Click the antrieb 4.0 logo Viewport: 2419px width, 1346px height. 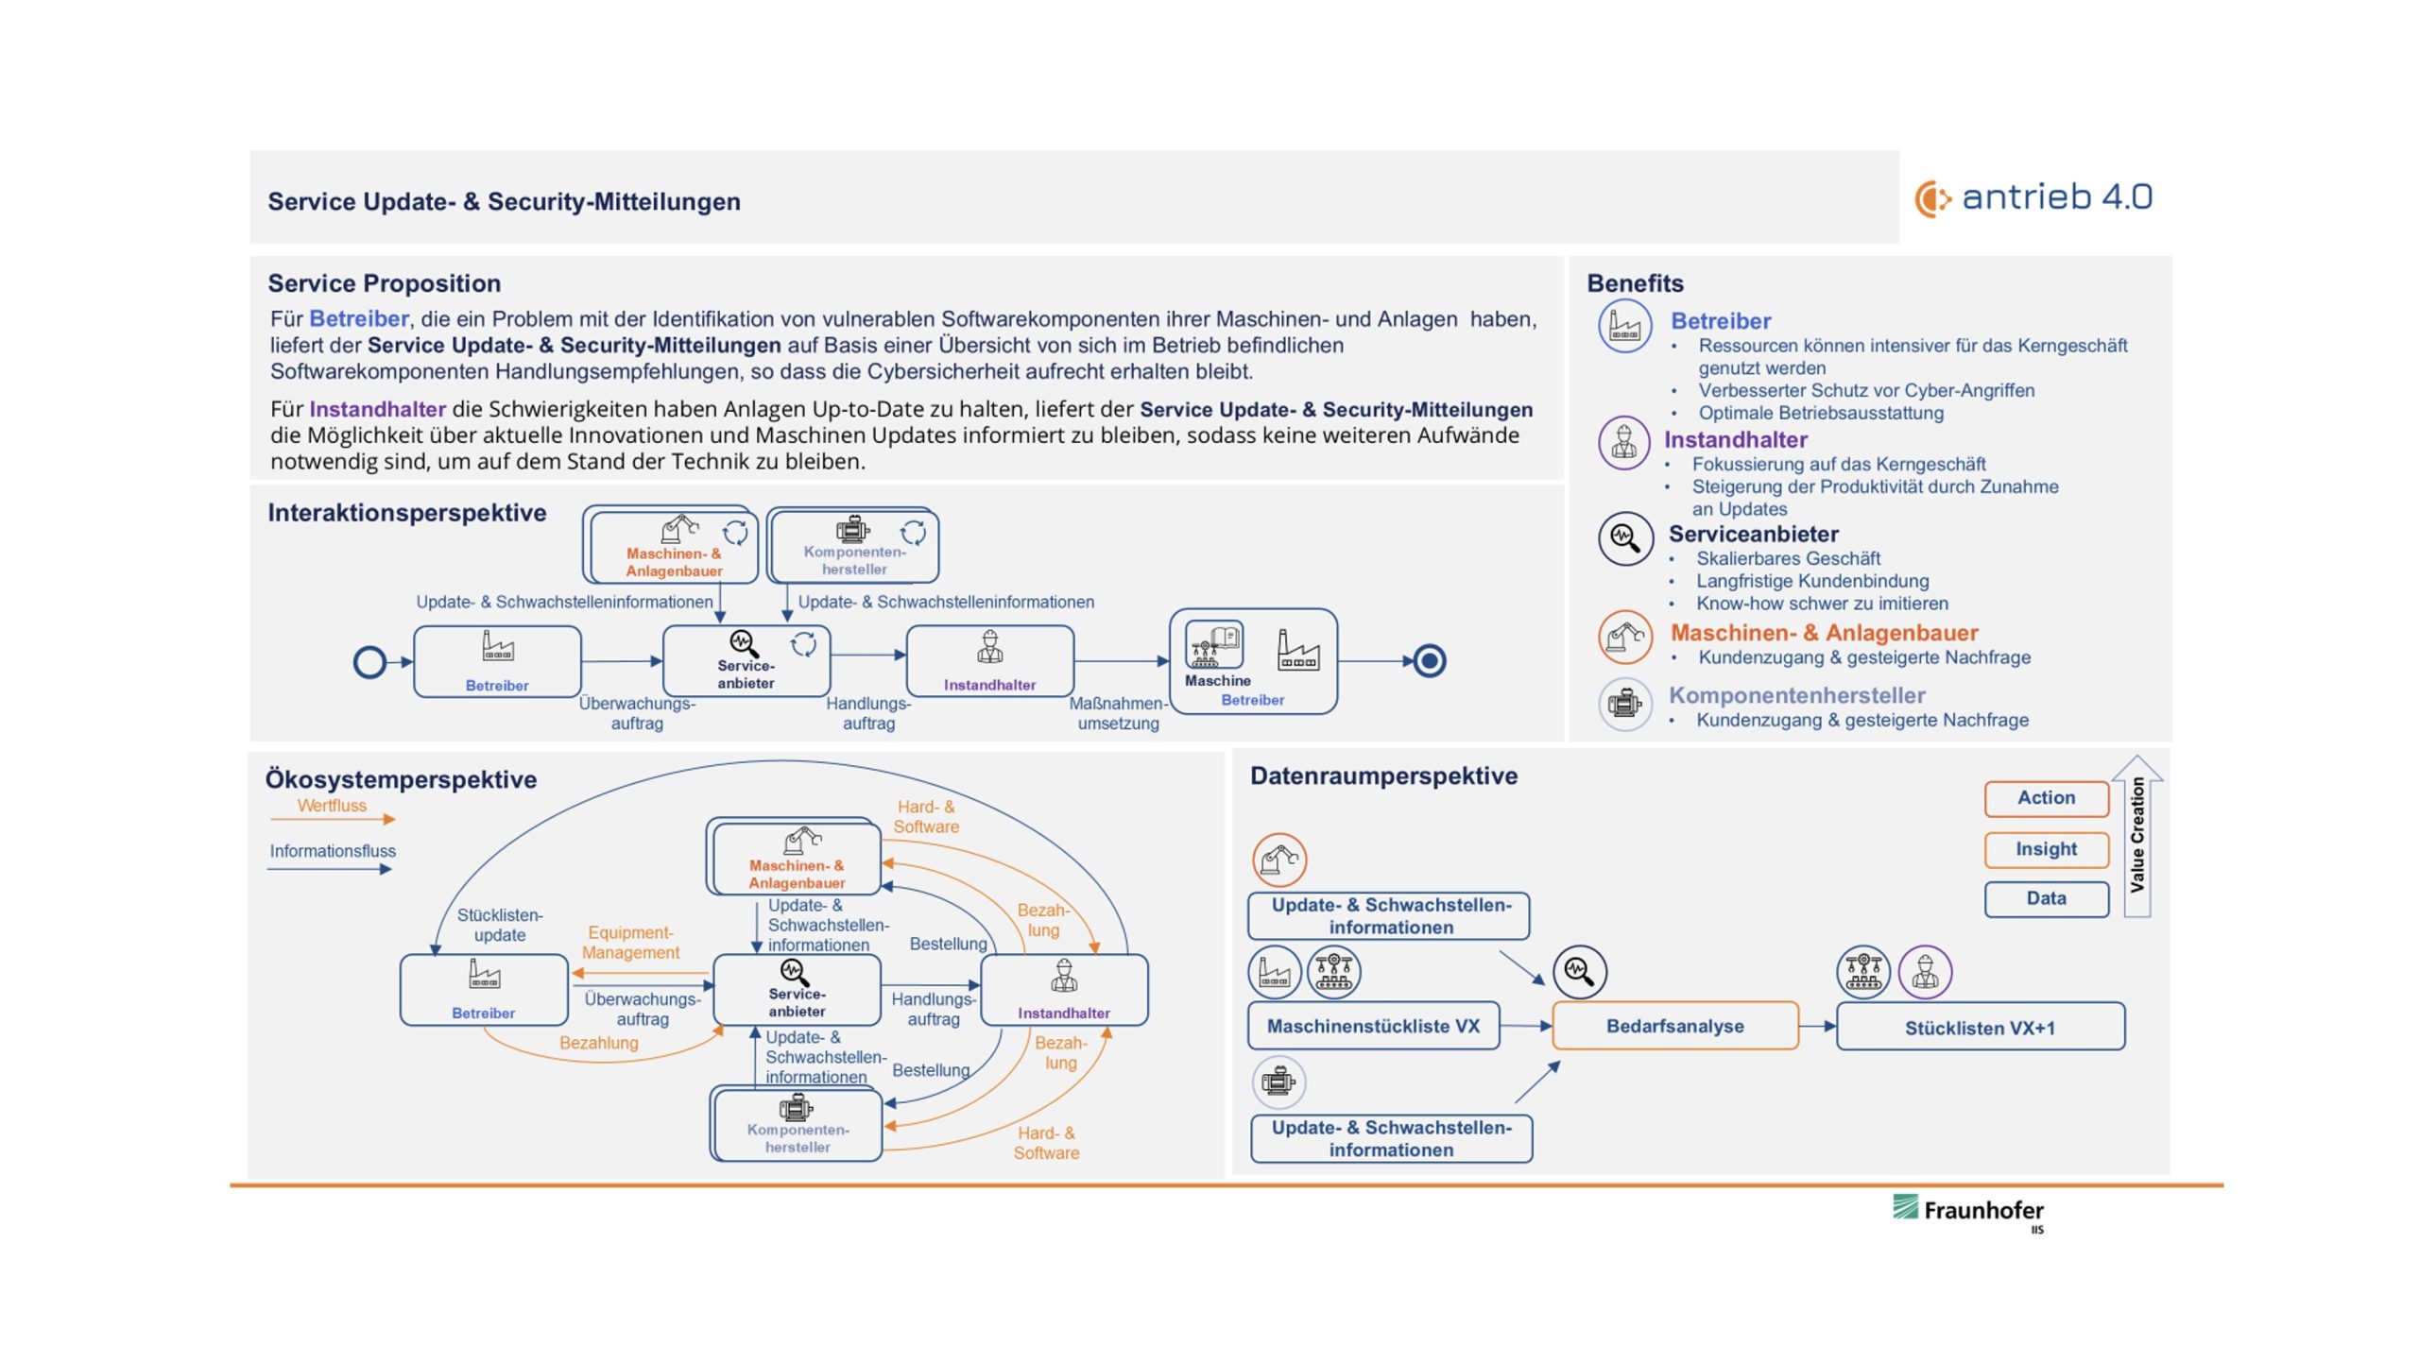2033,197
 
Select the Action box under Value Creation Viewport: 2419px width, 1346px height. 2046,798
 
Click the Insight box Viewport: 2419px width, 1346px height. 2046,849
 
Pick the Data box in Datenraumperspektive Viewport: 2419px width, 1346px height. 2046,898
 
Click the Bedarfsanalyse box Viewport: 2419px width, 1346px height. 1674,1026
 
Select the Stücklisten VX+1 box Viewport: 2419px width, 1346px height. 1980,1028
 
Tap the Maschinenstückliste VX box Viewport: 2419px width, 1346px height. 1373,1026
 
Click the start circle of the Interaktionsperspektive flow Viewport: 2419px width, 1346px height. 369,662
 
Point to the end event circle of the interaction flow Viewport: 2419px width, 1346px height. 1429,661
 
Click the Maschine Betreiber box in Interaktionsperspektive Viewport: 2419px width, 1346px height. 1252,661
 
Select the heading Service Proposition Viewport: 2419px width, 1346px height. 384,283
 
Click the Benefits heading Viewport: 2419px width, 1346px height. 1635,283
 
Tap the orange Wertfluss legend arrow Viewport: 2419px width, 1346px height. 333,819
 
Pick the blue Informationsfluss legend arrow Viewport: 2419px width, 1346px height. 329,869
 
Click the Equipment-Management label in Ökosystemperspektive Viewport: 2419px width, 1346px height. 630,943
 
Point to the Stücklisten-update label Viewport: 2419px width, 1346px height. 500,925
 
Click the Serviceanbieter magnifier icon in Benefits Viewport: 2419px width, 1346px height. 1624,538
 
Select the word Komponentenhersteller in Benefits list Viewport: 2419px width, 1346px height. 1796,695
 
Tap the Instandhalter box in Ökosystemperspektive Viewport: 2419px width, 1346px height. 1064,990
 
